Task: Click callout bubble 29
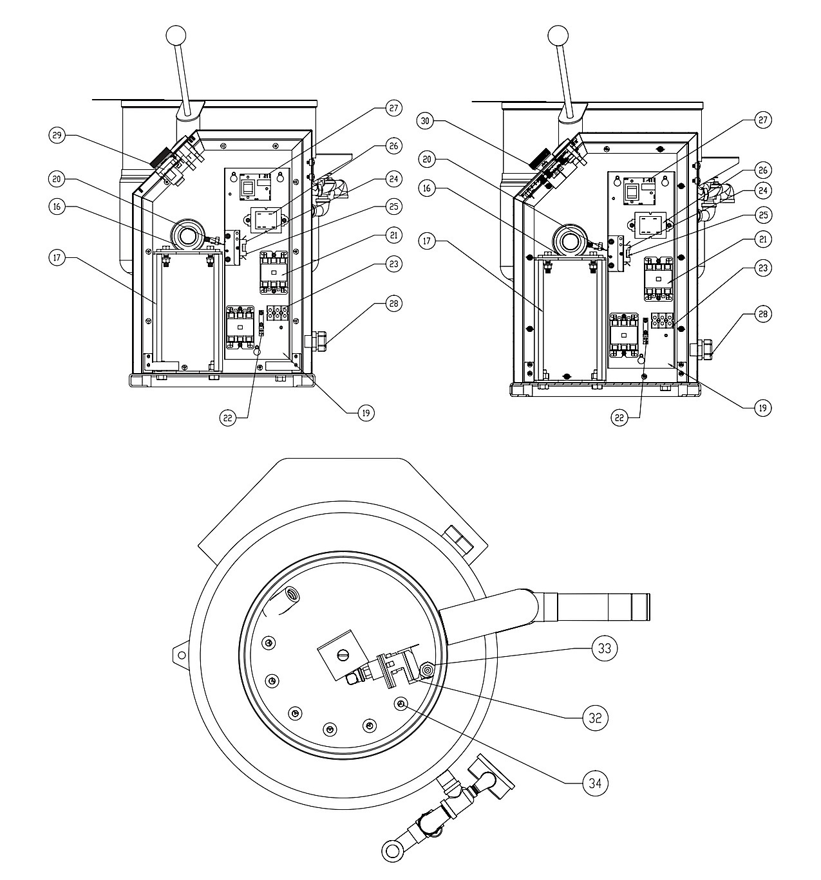(x=57, y=134)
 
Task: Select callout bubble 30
(x=426, y=120)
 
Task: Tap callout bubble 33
(x=605, y=648)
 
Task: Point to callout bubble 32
(x=595, y=717)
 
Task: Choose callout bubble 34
(x=595, y=784)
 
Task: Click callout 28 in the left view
(x=393, y=304)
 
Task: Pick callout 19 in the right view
(x=762, y=408)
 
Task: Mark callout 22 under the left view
(x=228, y=417)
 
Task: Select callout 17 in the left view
(x=57, y=257)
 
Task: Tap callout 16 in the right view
(x=427, y=188)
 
